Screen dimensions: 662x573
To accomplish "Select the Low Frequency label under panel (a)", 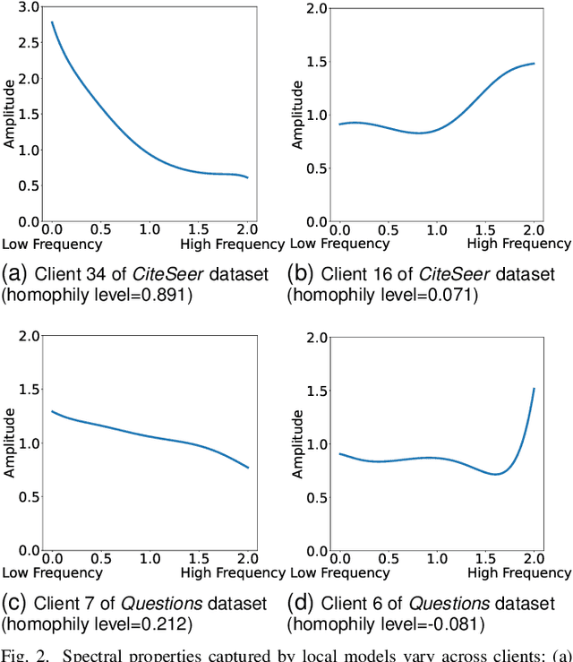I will (x=52, y=244).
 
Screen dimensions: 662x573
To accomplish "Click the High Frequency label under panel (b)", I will (x=518, y=244).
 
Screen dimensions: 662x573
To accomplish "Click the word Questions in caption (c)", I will (x=134, y=603).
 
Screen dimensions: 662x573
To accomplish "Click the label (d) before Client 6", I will (x=300, y=603).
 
